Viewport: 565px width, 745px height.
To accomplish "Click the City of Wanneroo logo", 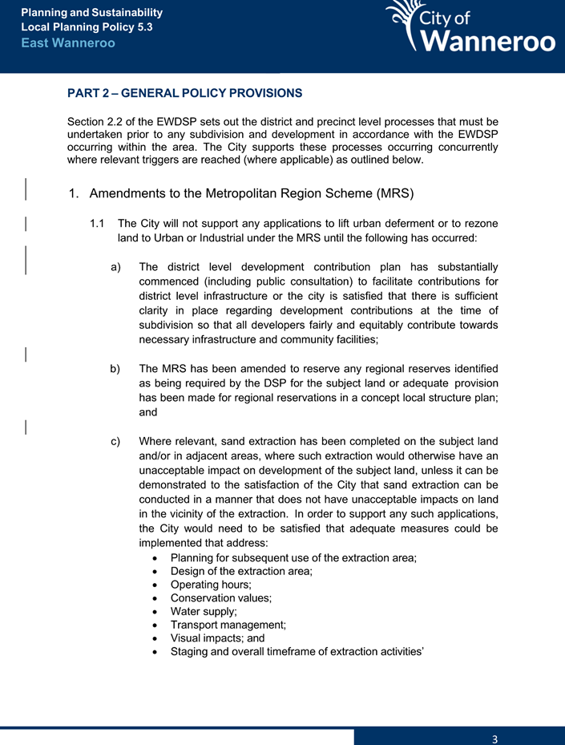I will (470, 28).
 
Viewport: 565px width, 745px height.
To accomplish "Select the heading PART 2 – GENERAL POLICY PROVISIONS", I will (184, 93).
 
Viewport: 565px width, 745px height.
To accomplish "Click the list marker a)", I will (116, 266).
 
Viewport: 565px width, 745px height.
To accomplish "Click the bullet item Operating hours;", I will (211, 585).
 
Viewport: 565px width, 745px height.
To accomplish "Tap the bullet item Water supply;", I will (203, 611).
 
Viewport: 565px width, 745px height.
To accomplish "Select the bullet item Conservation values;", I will (221, 597).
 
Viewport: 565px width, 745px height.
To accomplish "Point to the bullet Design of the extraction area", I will (240, 571).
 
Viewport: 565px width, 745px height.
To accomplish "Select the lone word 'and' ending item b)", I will (148, 412).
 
